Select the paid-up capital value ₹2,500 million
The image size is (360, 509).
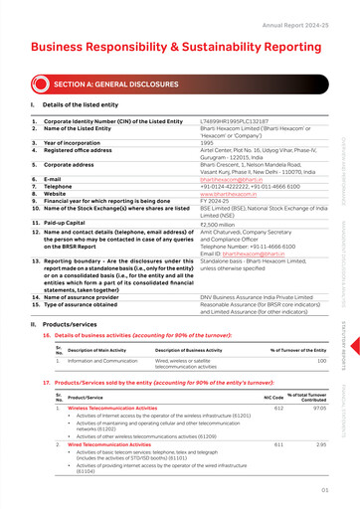coord(191,225)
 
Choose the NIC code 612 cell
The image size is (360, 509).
coord(278,409)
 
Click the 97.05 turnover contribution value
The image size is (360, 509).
coord(319,409)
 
